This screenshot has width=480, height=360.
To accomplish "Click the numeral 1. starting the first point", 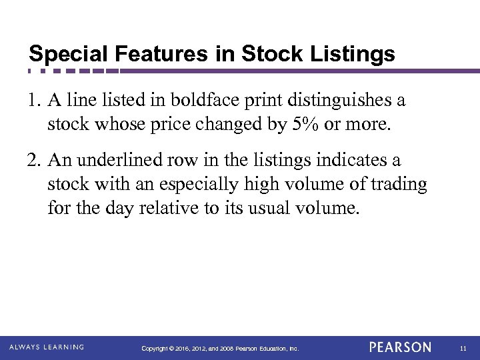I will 35,101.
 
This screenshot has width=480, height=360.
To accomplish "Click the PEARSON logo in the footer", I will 400,347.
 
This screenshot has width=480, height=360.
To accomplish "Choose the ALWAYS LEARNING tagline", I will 47,347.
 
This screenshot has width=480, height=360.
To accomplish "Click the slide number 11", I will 463,348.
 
